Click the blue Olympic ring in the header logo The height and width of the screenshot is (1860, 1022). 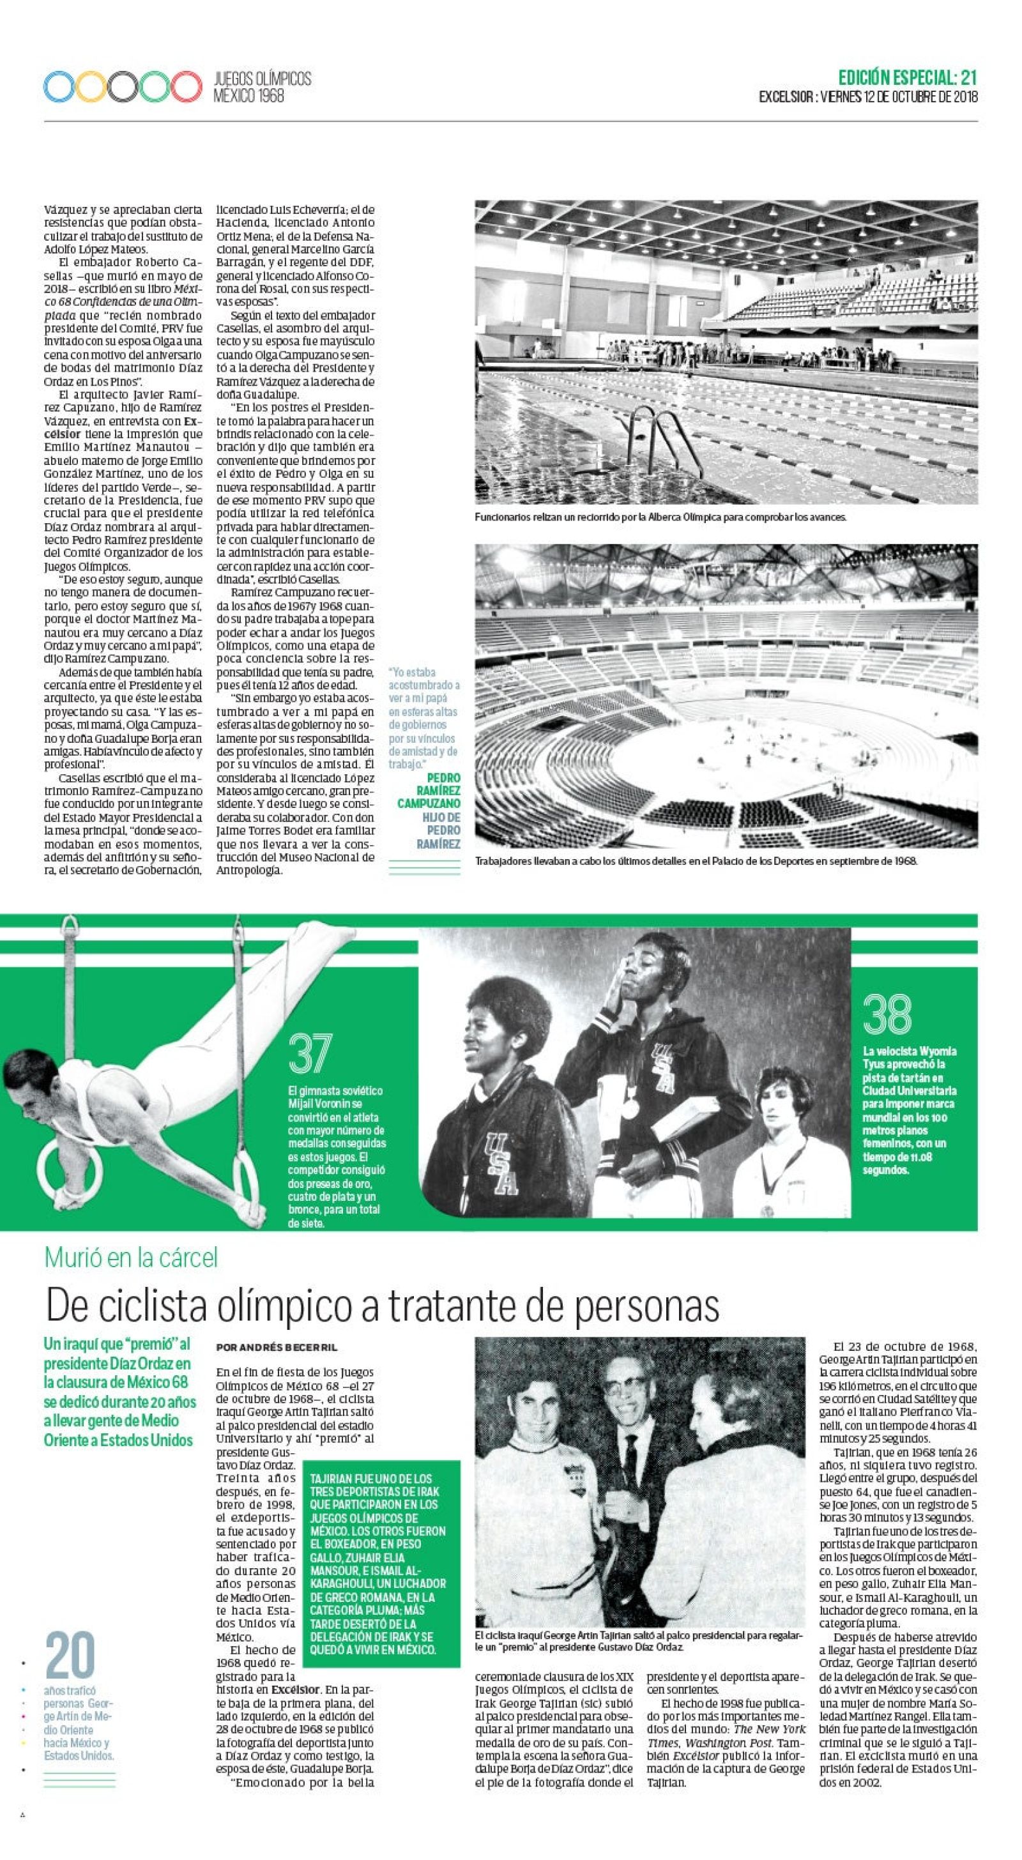point(59,87)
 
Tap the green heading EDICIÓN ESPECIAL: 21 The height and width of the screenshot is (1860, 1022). point(907,77)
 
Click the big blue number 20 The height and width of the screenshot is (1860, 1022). point(70,1654)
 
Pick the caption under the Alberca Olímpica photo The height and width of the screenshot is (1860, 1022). point(660,517)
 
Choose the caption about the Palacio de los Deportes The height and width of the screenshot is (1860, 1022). point(696,860)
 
